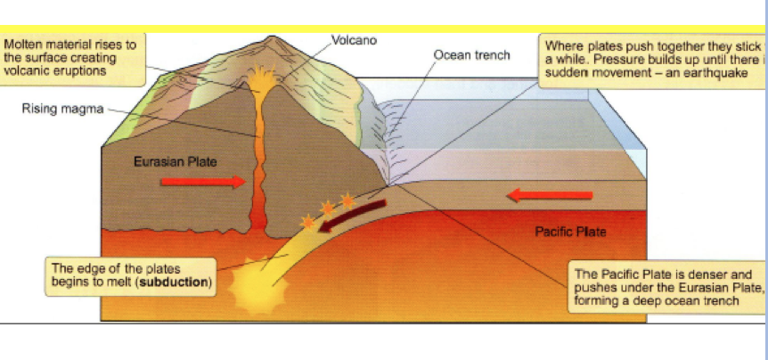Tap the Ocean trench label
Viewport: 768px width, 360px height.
471,55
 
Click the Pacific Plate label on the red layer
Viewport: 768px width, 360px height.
570,232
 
